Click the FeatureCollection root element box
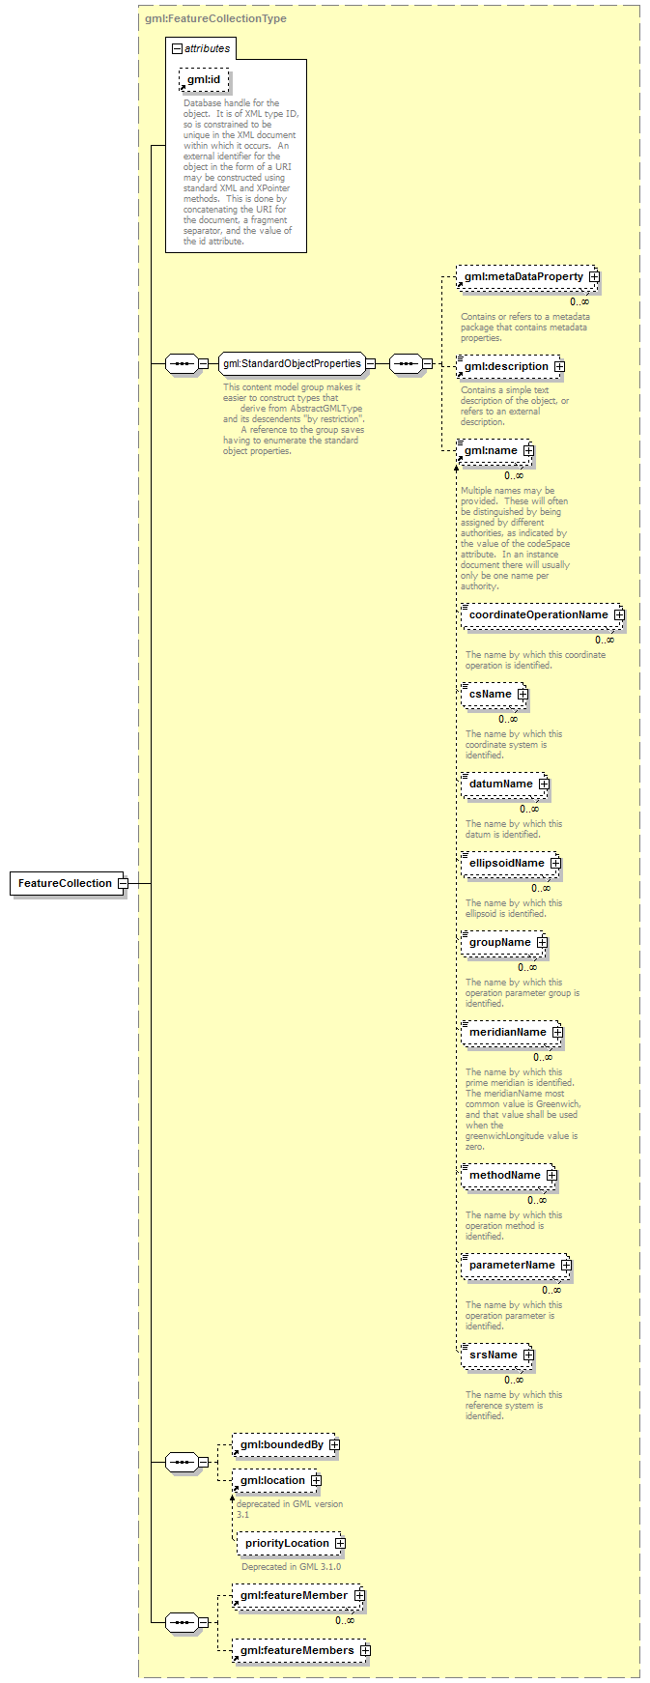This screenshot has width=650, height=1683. (x=67, y=883)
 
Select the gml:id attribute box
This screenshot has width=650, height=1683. (x=204, y=79)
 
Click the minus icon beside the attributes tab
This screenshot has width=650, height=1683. (x=177, y=48)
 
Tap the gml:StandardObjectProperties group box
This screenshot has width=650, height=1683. (x=292, y=364)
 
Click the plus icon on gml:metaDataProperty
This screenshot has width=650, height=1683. (x=594, y=277)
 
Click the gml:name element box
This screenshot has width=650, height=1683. (x=494, y=451)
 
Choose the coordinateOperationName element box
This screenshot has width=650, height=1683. (x=543, y=615)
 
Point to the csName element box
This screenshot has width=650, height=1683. (x=495, y=695)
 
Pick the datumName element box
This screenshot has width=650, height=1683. (x=505, y=784)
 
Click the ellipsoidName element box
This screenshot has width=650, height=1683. (x=511, y=864)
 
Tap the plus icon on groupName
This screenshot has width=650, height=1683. (x=542, y=943)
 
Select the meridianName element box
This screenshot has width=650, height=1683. (x=512, y=1033)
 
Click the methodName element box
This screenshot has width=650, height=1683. (x=509, y=1176)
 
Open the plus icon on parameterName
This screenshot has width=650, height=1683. (x=566, y=1266)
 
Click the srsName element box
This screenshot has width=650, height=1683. (x=497, y=1355)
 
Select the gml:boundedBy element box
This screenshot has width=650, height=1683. (x=286, y=1445)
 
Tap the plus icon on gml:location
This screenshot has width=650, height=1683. (x=316, y=1481)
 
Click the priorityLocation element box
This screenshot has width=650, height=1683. (x=291, y=1544)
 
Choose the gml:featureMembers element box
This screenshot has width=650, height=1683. (x=301, y=1651)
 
